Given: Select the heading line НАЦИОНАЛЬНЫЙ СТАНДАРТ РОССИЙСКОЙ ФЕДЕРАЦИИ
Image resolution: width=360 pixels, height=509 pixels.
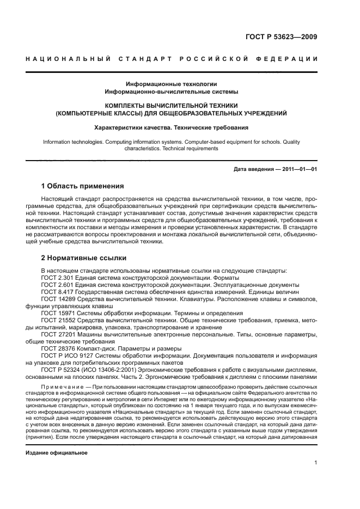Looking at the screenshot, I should click(x=172, y=58).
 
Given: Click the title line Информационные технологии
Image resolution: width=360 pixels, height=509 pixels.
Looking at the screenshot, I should click(x=172, y=84).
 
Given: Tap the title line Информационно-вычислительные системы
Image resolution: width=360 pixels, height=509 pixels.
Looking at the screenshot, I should click(x=172, y=92).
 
